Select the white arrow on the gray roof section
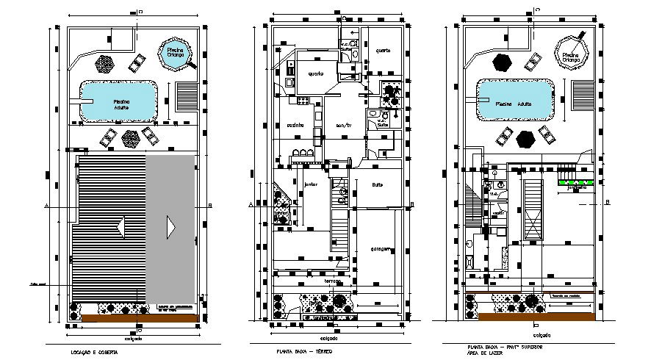(170, 227)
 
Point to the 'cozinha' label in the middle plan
(295, 125)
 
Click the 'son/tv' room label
(344, 126)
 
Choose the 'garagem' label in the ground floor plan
(378, 248)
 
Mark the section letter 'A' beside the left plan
(46, 206)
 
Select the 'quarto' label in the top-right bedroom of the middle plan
(383, 50)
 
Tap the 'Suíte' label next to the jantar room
(378, 185)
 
